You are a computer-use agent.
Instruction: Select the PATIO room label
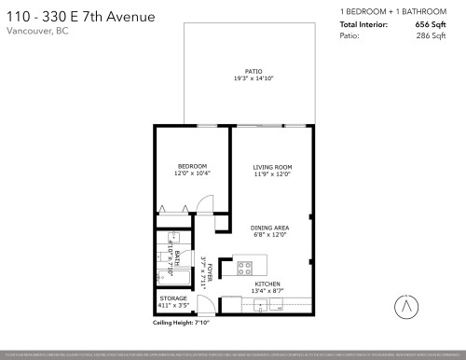pos(254,71)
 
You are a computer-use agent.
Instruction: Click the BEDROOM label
pos(193,167)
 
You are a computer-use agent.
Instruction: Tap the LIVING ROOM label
pos(272,167)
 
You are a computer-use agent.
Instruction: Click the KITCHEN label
pos(268,283)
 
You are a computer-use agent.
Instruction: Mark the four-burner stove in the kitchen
pos(245,268)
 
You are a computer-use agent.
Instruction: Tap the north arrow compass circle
pos(407,304)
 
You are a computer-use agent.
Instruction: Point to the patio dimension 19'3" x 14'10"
pos(254,78)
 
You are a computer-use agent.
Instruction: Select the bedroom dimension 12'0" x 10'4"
pos(193,174)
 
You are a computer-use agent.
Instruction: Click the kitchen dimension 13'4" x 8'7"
pos(268,290)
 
